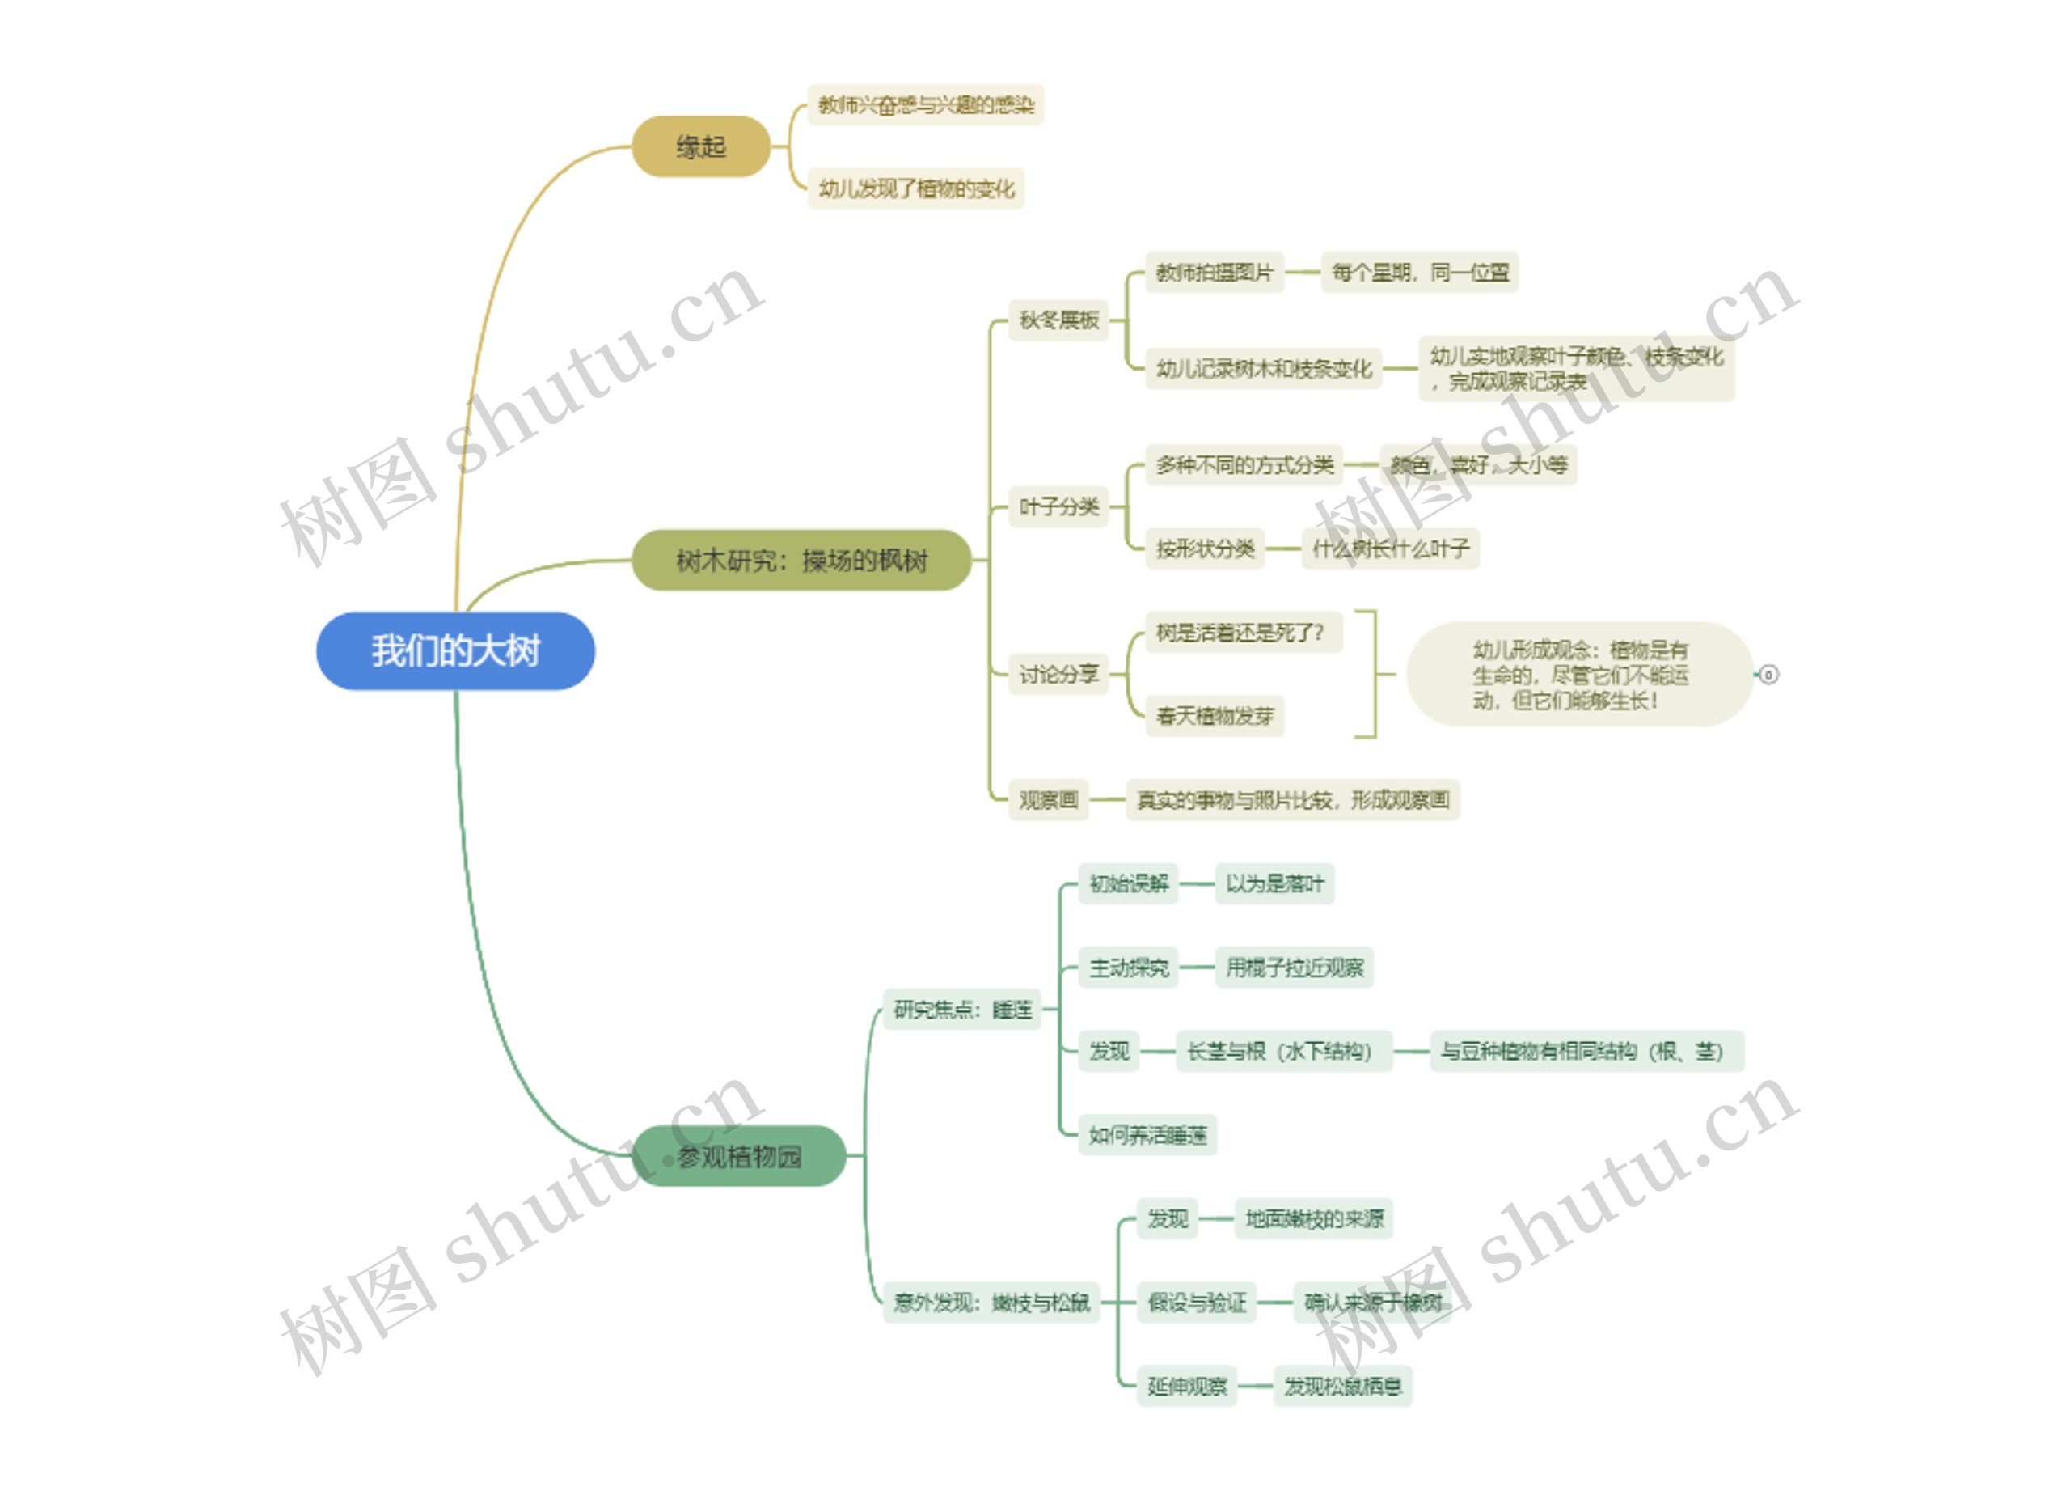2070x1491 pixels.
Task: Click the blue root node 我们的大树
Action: (455, 652)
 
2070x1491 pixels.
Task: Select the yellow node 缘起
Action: (701, 147)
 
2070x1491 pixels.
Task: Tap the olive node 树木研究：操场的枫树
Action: (801, 561)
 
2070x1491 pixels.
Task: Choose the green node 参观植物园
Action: (738, 1157)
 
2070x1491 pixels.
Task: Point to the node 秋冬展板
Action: (1058, 320)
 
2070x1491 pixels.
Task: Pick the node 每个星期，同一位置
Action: (1419, 272)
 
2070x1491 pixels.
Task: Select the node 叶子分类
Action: (1058, 506)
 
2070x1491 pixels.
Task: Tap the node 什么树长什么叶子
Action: (1390, 549)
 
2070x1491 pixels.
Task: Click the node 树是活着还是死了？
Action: (1239, 633)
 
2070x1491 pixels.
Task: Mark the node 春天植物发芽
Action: (1214, 716)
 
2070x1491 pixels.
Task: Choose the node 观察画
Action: (1048, 801)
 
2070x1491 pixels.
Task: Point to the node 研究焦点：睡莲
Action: (962, 1010)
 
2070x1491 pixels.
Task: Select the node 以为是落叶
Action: (1274, 883)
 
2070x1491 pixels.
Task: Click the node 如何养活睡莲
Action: (1147, 1136)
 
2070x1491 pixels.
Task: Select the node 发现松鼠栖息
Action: (1341, 1387)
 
